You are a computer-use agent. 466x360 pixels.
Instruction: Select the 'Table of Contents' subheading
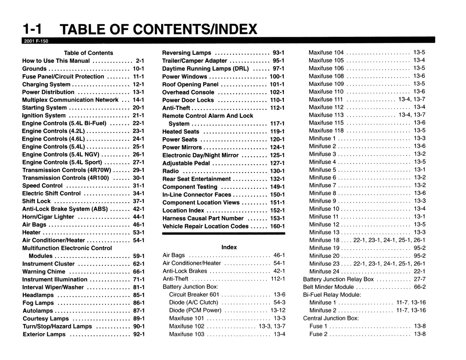89,53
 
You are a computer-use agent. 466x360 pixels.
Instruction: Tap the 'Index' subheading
229,247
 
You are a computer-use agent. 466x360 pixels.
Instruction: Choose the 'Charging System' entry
46,84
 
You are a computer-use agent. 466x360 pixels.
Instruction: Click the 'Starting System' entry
44,108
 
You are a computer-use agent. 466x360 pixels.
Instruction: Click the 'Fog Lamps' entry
38,303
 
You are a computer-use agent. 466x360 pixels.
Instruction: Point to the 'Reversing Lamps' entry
186,53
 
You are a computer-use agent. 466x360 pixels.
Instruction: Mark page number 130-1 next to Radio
277,171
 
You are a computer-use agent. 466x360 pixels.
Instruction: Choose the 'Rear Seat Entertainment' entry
196,179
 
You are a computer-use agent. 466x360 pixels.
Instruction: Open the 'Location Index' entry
183,210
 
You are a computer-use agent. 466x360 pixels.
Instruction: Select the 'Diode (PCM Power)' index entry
195,310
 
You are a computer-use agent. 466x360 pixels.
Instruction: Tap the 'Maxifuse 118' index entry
326,130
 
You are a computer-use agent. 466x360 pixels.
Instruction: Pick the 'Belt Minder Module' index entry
328,287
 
